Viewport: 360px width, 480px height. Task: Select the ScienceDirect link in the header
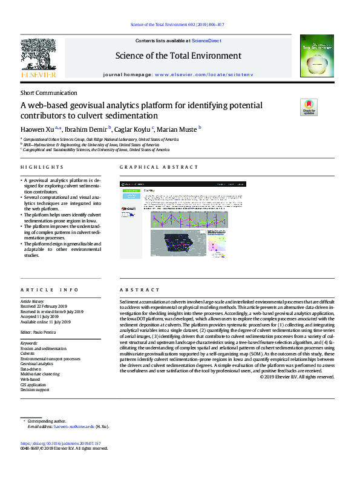coord(207,40)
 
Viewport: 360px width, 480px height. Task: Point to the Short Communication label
coord(49,93)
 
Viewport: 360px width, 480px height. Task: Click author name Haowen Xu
coord(38,129)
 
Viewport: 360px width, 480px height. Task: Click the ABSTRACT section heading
coord(139,290)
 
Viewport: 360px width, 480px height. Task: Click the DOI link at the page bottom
coord(63,443)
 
